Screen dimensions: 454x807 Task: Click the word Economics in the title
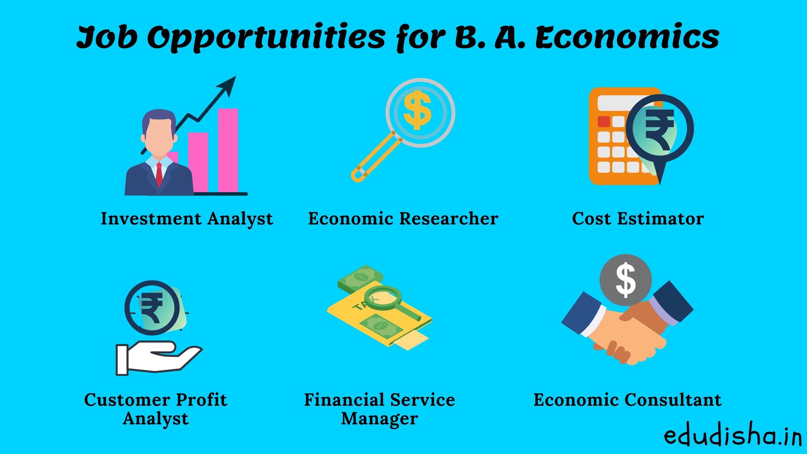627,38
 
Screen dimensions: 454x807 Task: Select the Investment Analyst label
187,218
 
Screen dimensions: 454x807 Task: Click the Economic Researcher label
403,218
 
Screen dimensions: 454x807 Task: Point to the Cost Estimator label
638,218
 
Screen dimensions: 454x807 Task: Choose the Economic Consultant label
627,400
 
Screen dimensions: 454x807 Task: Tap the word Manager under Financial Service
380,419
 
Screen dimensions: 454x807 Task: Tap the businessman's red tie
159,175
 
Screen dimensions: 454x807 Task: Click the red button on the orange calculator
604,122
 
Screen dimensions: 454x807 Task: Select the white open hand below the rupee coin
158,358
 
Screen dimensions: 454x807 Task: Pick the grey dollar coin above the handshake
625,280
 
